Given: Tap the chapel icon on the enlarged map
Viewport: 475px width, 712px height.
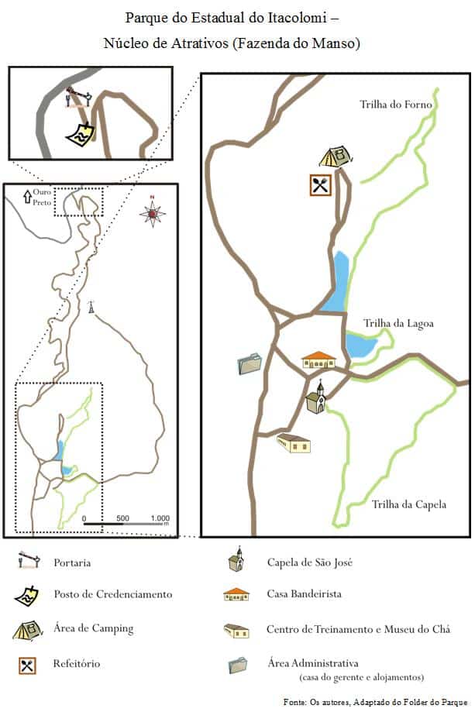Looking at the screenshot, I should [x=315, y=397].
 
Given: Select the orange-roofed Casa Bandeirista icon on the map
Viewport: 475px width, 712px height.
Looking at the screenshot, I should [x=318, y=360].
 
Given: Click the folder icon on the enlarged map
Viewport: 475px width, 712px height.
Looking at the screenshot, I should [x=250, y=363].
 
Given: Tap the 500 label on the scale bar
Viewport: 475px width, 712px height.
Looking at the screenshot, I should [x=122, y=518].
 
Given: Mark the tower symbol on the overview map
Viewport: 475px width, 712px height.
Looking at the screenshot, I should [x=91, y=307].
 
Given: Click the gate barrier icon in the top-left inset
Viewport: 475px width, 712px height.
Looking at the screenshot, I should [x=78, y=97].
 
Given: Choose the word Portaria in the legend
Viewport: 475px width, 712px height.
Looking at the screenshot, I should [x=77, y=562].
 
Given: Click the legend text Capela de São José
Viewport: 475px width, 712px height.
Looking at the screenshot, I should [x=309, y=562].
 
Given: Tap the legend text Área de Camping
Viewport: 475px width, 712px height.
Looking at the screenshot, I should [x=94, y=628].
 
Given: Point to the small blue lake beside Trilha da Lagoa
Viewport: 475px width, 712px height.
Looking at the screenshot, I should [x=360, y=345].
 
